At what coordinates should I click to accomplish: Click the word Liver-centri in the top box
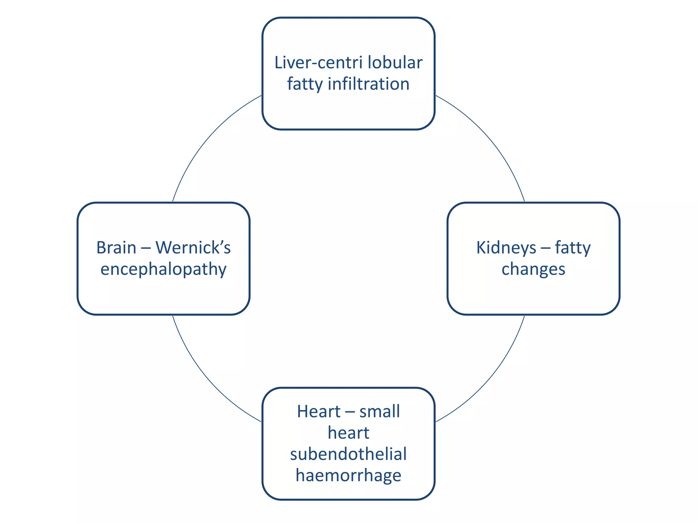pyautogui.click(x=319, y=63)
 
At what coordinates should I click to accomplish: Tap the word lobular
pyautogui.click(x=395, y=63)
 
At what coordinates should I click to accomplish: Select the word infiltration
pyautogui.click(x=368, y=84)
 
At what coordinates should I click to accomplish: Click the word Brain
pyautogui.click(x=116, y=248)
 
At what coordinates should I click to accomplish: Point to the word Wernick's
pyautogui.click(x=193, y=248)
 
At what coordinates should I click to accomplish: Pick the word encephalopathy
pyautogui.click(x=163, y=269)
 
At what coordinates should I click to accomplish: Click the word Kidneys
pyautogui.click(x=506, y=248)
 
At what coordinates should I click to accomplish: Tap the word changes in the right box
pyautogui.click(x=533, y=269)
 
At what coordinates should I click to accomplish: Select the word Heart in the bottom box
pyautogui.click(x=319, y=412)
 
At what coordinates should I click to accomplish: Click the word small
pyautogui.click(x=379, y=412)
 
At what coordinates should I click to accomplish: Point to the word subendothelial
pyautogui.click(x=348, y=454)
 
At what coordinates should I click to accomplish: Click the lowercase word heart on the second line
pyautogui.click(x=348, y=433)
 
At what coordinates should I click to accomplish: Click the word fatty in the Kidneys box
pyautogui.click(x=573, y=248)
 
